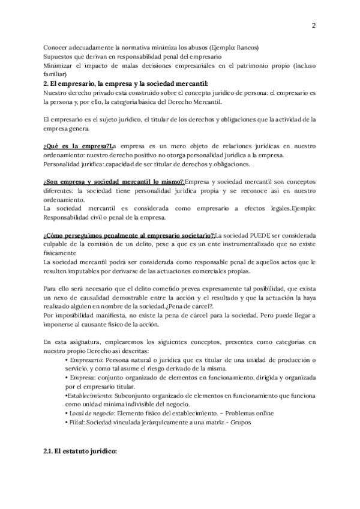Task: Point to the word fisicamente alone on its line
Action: coord(61,253)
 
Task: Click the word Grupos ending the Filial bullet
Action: coord(235,423)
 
